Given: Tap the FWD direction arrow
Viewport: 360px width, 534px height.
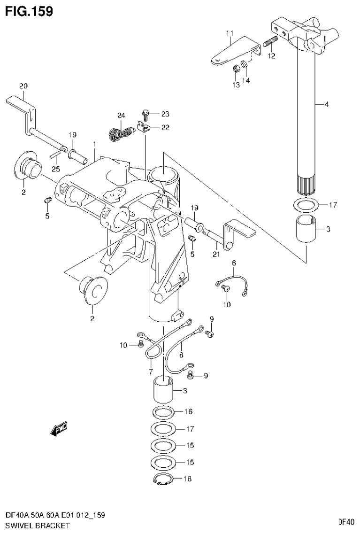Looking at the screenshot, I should [59, 428].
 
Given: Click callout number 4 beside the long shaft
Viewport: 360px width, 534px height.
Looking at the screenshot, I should [326, 104].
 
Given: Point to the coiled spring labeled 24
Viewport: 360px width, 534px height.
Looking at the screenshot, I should [120, 133].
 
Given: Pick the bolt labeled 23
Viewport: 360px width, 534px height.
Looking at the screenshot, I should [145, 114].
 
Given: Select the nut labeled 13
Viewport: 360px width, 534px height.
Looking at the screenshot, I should [237, 70].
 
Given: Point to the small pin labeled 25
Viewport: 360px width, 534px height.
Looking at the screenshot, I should [55, 155].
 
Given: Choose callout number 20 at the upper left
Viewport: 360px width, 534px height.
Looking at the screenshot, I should [23, 86].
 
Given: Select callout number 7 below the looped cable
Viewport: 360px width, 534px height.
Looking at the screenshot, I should [150, 372].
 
